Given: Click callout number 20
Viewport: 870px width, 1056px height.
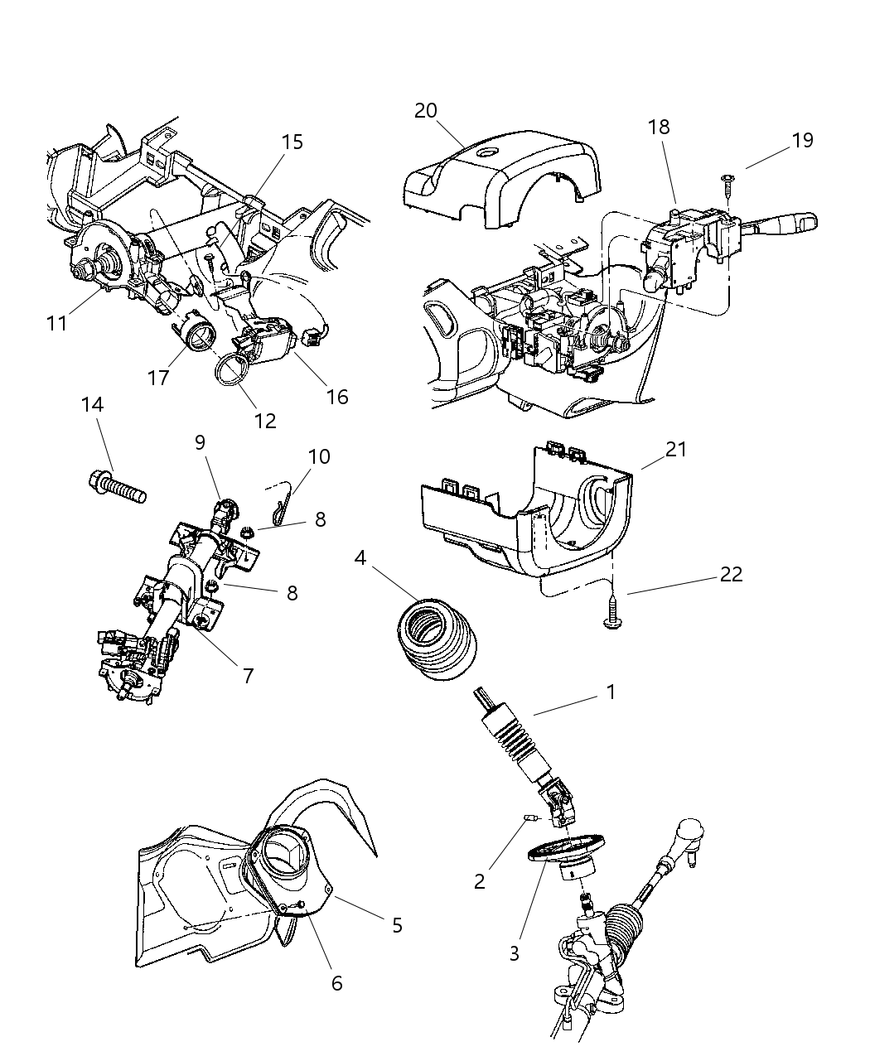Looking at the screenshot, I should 426,111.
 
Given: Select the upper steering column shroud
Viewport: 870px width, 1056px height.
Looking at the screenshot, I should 497,174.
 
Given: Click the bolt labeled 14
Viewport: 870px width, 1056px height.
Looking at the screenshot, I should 116,486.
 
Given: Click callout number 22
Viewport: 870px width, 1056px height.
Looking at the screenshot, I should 731,574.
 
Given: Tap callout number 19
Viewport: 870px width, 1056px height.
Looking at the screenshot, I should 802,140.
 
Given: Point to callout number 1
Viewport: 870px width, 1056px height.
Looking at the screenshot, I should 611,692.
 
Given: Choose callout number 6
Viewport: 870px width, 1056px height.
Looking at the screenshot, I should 336,983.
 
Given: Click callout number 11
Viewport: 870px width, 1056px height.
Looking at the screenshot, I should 56,322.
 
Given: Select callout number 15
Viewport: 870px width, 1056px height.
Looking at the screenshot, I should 292,142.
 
